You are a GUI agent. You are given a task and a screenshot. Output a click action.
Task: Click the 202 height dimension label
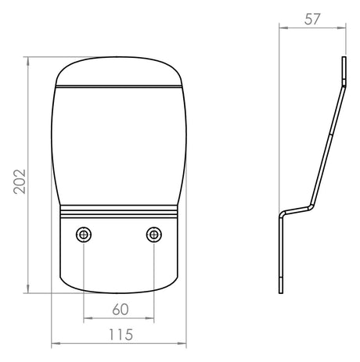20,181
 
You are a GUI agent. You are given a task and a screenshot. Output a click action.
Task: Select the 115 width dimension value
121,335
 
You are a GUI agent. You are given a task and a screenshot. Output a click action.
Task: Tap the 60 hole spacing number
121,310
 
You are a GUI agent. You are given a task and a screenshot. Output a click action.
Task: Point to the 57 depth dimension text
312,20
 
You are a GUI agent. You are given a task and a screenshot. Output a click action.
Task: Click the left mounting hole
84,235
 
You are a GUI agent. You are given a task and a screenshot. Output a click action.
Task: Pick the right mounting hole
154,235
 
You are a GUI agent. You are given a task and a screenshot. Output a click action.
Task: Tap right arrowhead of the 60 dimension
149,318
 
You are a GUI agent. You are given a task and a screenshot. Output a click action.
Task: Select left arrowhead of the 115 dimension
56,344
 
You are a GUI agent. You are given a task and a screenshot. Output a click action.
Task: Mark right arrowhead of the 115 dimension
182,344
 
